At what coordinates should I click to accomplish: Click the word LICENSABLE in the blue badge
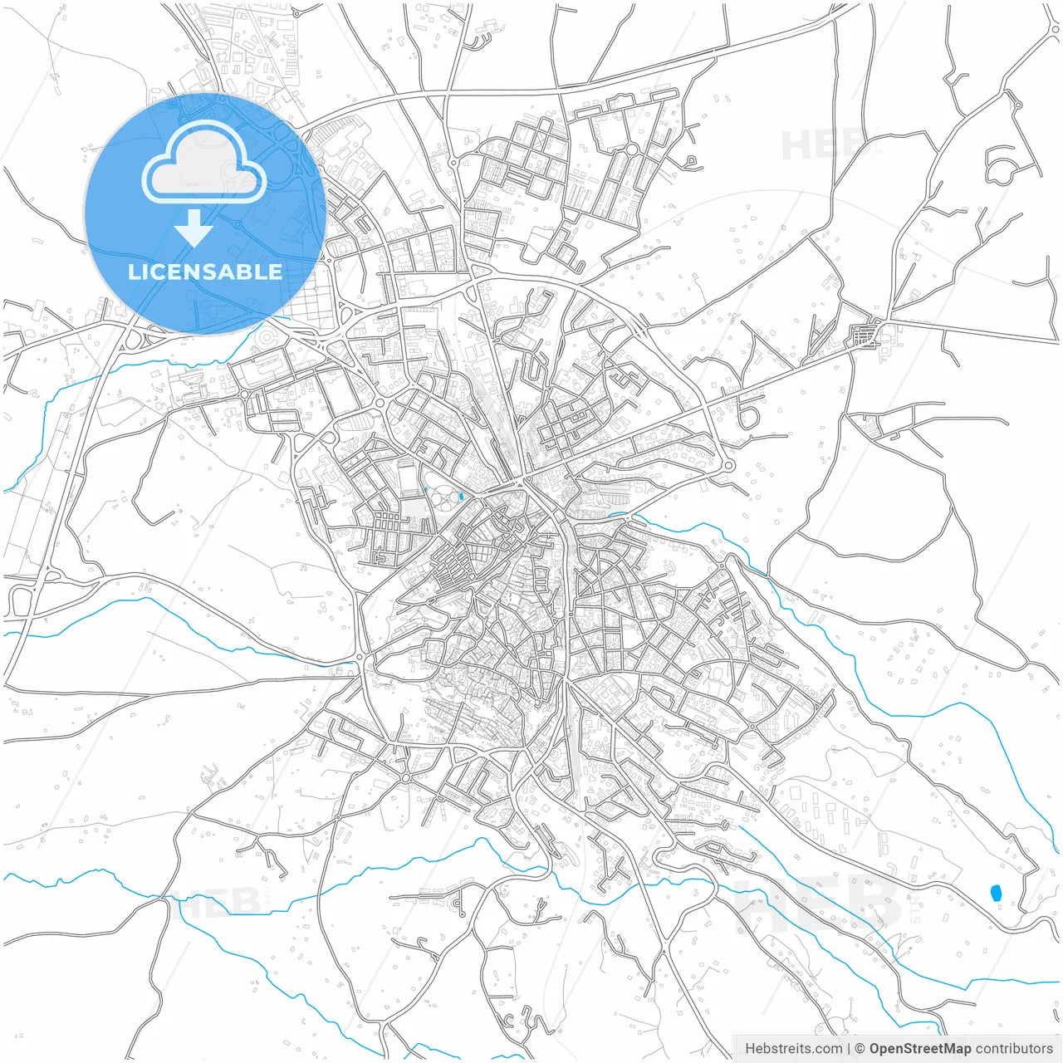[x=204, y=272]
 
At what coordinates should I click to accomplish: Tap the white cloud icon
[x=204, y=162]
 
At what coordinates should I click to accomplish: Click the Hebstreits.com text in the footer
[x=793, y=1048]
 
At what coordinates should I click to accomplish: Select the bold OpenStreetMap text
[x=919, y=1048]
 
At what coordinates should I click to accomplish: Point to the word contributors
[x=1014, y=1048]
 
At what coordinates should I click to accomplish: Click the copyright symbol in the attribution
[x=860, y=1048]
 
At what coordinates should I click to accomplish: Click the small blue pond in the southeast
[x=996, y=894]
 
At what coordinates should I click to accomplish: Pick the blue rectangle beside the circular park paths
[x=461, y=497]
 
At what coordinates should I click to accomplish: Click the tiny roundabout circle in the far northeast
[x=1016, y=105]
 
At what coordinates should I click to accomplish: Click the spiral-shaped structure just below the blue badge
[x=267, y=338]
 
